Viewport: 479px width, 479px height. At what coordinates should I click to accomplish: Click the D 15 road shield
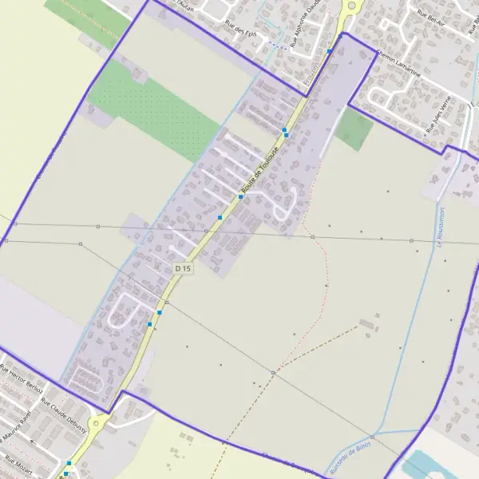pos(183,269)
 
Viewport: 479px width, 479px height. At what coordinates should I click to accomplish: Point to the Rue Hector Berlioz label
pos(21,378)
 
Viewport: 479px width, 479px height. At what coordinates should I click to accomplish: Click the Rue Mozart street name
pos(18,465)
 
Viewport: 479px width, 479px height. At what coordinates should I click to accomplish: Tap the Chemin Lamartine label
pos(399,63)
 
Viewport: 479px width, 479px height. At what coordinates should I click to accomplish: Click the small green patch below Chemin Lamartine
pos(354,129)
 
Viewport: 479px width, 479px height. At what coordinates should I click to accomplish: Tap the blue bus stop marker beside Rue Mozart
pos(69,464)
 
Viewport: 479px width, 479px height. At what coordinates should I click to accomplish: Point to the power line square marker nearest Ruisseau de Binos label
pos(273,373)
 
